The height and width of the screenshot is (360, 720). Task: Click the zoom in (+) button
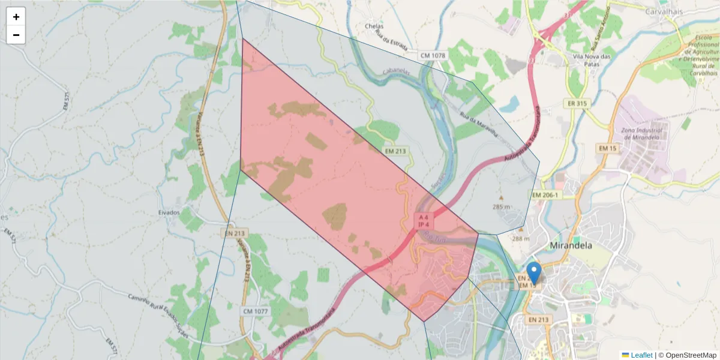[16, 17]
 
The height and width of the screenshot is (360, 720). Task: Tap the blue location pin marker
[533, 273]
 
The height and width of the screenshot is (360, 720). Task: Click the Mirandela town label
[571, 245]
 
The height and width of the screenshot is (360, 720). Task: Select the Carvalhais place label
[664, 11]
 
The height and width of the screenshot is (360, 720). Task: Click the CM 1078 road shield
[433, 56]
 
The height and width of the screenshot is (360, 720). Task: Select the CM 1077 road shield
[257, 311]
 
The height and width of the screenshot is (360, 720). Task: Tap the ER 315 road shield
[577, 104]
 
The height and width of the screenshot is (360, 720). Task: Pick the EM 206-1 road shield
[545, 196]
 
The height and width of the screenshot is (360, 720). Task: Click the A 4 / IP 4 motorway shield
[424, 221]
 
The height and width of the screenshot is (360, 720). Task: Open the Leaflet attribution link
[641, 355]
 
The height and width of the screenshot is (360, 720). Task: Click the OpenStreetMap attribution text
[687, 355]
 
